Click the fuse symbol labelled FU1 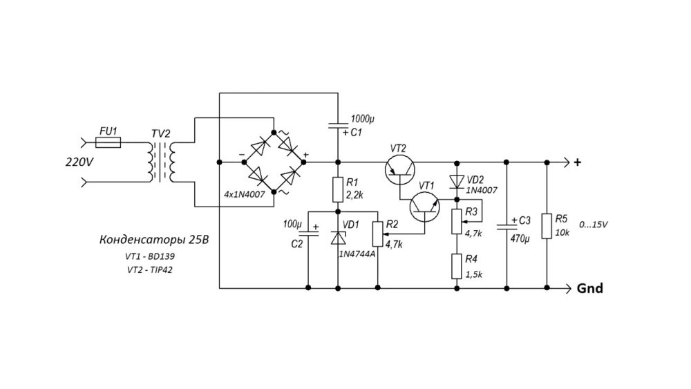tap(107, 143)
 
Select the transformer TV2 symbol tap(163, 163)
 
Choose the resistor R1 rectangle tap(338, 189)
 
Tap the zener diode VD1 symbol tap(338, 238)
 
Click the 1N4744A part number tap(357, 254)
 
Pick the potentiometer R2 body tap(378, 234)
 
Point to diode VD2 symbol tap(456, 182)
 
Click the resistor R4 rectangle tap(456, 266)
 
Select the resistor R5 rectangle tap(547, 225)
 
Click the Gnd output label tap(589, 289)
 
